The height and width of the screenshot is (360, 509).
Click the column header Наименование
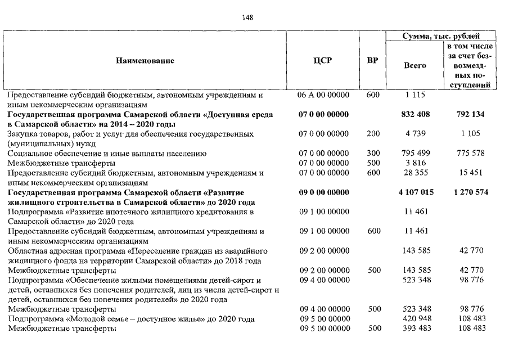[145, 61]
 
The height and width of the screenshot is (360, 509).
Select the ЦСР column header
[323, 61]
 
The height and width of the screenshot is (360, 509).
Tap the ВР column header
[372, 61]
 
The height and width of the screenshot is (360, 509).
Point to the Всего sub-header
[415, 65]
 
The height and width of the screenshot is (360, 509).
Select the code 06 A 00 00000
[323, 95]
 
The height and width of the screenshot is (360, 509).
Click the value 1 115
[416, 95]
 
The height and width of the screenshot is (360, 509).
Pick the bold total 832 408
[416, 115]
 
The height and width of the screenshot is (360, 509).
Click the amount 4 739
[416, 134]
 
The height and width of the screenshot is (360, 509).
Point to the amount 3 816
[416, 163]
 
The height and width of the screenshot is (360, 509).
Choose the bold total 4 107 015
[416, 192]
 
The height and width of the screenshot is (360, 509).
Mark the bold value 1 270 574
[471, 192]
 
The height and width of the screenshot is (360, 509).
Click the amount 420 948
[416, 319]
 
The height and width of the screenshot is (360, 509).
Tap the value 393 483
[416, 328]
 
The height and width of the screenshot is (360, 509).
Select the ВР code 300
[373, 154]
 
